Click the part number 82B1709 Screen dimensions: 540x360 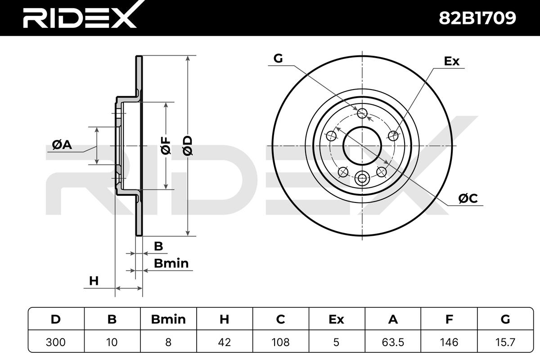(477, 18)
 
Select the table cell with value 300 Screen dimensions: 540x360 (56, 342)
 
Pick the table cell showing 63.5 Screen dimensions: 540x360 (393, 342)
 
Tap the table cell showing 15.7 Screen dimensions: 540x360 (505, 342)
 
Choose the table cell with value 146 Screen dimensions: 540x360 (449, 342)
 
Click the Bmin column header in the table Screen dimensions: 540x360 (168, 319)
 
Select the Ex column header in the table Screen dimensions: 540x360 (337, 319)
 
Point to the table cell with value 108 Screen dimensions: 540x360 (281, 342)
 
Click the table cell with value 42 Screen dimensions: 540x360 (225, 342)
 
